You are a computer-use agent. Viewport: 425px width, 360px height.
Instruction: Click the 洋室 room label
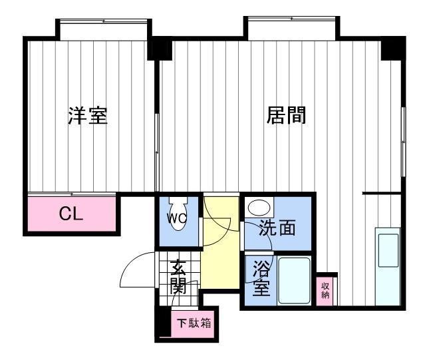pos(88,116)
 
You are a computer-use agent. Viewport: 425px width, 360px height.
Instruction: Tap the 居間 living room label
pos(286,115)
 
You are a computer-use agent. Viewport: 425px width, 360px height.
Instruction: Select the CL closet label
pos(71,214)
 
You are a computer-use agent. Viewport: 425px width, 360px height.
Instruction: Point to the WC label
pos(176,218)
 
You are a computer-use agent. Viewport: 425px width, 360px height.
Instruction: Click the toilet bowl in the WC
pos(178,216)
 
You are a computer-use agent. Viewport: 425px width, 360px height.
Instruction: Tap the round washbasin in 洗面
pos(259,208)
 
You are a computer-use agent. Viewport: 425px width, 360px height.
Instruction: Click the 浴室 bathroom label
pos(261,278)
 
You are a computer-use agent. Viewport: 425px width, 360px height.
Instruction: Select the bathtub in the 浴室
pos(294,280)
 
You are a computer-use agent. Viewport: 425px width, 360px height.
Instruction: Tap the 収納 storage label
pos(325,290)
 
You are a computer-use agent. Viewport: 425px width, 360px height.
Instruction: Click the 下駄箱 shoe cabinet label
pos(194,323)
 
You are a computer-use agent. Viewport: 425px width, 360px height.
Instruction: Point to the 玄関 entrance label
pos(178,277)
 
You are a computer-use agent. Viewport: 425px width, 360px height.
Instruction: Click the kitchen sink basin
pos(388,250)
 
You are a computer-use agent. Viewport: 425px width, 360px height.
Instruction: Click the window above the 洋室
pos(103,22)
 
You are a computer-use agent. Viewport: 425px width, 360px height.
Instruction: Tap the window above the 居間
pos(291,19)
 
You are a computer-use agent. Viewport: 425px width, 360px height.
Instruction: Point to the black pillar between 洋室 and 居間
pos(160,49)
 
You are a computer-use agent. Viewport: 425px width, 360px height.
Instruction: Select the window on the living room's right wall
pos(403,142)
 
